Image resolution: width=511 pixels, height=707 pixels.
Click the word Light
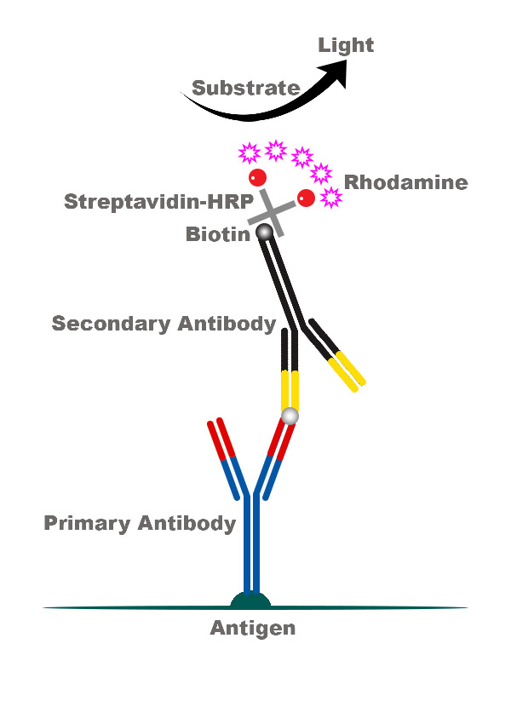[x=346, y=45]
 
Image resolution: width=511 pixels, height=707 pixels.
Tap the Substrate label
[x=245, y=88]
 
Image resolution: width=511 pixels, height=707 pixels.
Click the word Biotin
[x=218, y=234]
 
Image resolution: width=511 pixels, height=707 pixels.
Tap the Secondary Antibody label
[x=164, y=324]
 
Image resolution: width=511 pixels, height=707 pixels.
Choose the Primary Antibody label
[x=140, y=523]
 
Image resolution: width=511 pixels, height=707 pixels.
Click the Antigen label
[x=253, y=629]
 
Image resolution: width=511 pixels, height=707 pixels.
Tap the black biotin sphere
[x=264, y=231]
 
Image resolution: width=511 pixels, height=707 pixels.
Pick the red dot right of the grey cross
[x=306, y=198]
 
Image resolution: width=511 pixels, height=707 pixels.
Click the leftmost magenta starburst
[x=249, y=153]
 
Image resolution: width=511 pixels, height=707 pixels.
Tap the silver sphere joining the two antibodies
[x=290, y=416]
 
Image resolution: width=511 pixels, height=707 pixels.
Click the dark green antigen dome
[x=250, y=601]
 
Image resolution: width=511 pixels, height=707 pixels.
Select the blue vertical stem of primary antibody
[x=250, y=545]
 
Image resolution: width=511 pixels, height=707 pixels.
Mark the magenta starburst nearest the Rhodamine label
[x=330, y=198]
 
